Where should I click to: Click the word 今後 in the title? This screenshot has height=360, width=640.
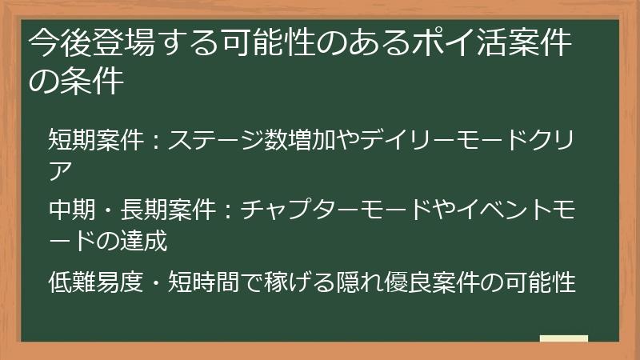tap(58, 44)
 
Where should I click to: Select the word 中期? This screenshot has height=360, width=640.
tap(70, 211)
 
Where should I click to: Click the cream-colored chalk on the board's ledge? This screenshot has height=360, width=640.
tap(563, 338)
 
